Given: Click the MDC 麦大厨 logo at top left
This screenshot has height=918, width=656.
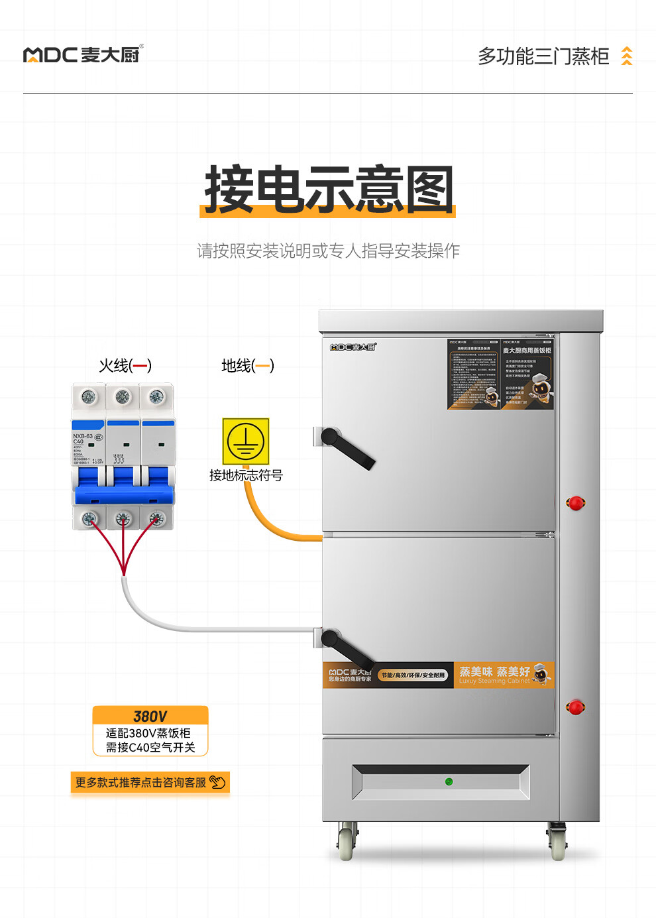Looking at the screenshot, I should tap(83, 54).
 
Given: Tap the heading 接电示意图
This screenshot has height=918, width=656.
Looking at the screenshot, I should tap(329, 190).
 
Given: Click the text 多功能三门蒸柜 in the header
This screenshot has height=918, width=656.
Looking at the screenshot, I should tap(543, 56).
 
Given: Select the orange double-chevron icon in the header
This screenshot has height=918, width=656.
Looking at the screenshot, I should tap(626, 56).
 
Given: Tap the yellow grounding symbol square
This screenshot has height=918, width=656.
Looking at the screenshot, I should tap(246, 441).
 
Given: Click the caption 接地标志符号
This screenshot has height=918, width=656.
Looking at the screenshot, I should tap(246, 475).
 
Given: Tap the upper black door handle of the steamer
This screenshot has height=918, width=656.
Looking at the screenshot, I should tap(347, 447).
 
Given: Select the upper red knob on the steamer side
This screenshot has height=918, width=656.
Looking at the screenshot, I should tap(576, 503).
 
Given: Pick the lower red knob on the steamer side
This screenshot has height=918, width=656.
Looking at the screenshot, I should tap(576, 707).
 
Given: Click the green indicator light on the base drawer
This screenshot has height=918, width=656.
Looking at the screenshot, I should tap(449, 782).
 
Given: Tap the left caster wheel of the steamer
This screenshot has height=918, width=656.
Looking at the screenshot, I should tap(345, 844).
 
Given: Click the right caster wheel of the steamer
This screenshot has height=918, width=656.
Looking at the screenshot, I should tap(558, 844).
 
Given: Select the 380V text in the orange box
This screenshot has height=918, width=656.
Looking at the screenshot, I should tap(150, 717).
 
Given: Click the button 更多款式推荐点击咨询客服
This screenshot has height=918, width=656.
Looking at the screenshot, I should tap(150, 783).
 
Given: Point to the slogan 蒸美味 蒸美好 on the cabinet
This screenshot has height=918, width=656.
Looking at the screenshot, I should tap(494, 672).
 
